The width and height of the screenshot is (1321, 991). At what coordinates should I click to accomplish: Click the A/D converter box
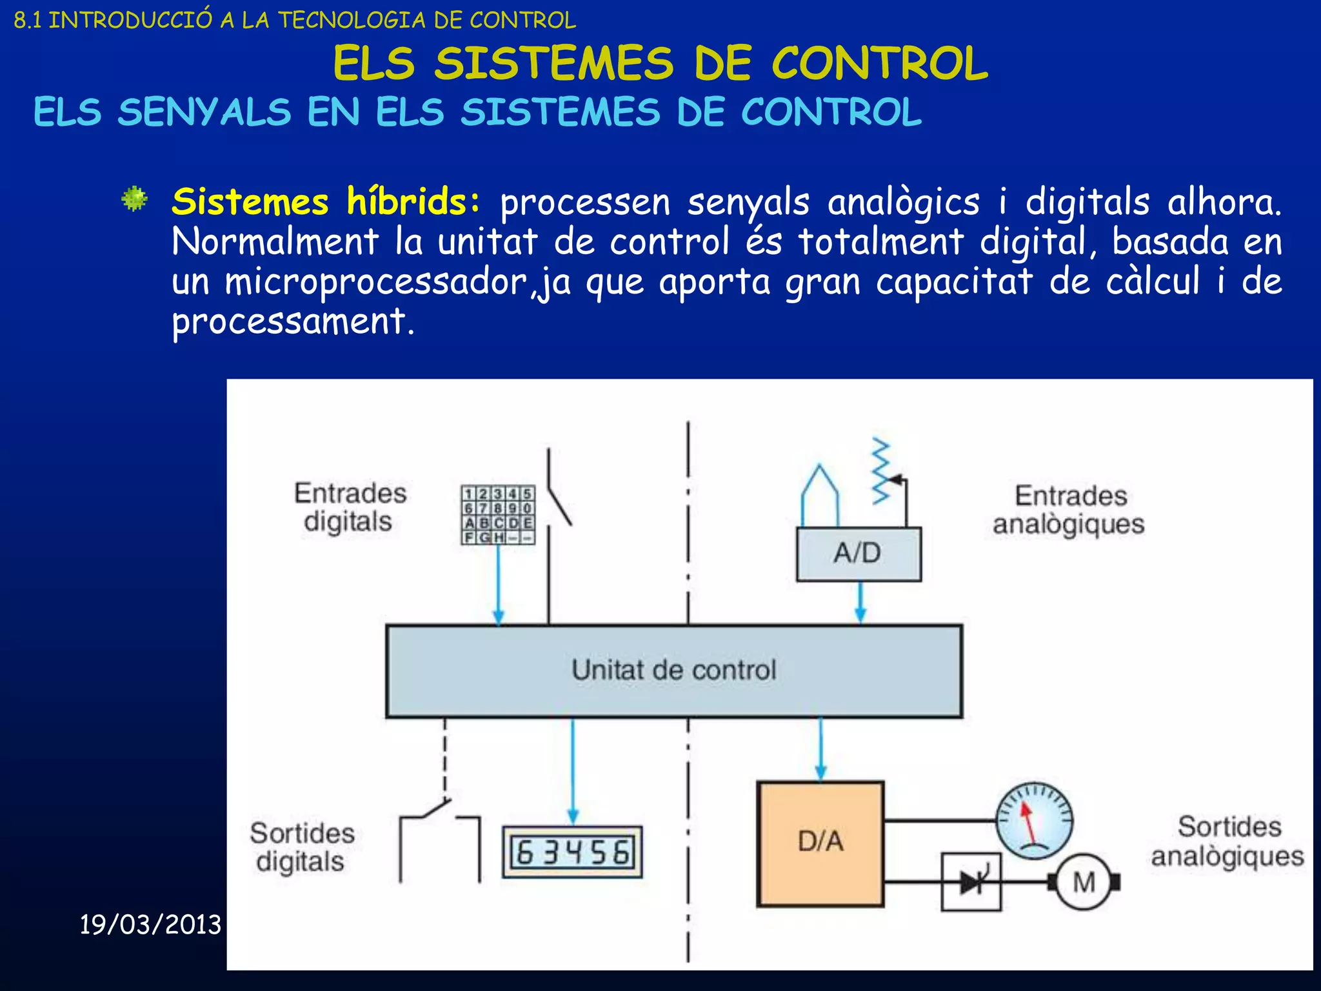[859, 554]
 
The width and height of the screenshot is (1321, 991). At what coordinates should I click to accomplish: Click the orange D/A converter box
[820, 843]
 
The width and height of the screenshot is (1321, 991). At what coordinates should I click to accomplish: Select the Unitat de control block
[674, 671]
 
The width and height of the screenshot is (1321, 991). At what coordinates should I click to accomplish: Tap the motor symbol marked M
[1084, 882]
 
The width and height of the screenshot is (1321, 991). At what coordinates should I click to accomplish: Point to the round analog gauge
[1034, 821]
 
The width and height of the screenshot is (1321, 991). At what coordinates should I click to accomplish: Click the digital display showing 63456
[572, 852]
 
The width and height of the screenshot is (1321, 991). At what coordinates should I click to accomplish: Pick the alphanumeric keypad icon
[497, 515]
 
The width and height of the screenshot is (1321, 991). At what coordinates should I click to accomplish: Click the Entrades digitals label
[350, 507]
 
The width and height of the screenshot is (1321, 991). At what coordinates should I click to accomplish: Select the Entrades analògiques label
[1069, 510]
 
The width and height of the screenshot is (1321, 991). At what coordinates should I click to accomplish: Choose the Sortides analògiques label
[1227, 841]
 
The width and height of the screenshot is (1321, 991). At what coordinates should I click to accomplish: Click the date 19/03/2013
[150, 925]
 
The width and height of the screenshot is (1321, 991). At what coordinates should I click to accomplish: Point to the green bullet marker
[135, 199]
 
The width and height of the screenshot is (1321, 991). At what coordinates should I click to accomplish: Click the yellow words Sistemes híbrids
[326, 202]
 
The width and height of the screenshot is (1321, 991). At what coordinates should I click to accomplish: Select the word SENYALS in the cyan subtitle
[204, 112]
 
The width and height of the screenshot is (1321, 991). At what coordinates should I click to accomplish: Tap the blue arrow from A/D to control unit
[860, 603]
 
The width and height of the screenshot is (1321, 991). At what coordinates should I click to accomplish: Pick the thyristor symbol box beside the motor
[971, 882]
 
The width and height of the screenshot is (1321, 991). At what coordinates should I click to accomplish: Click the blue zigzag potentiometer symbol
[881, 471]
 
